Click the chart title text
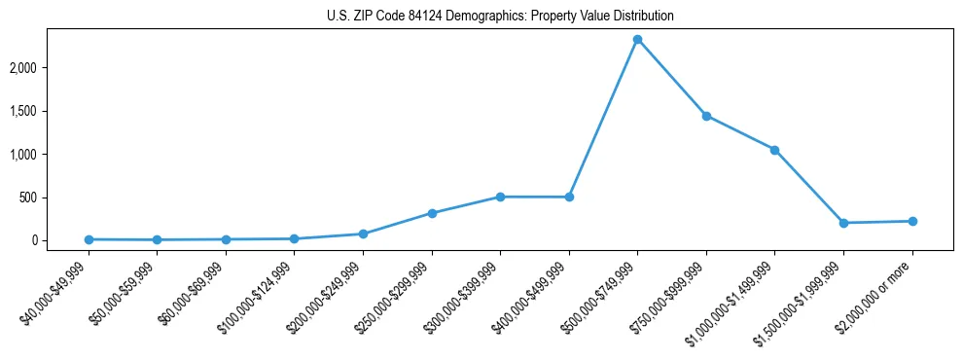pyautogui.click(x=499, y=17)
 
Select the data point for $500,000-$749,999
pyautogui.click(x=637, y=40)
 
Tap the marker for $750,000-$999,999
pyautogui.click(x=706, y=116)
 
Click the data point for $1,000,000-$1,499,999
pyautogui.click(x=774, y=150)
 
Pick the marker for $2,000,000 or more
pyautogui.click(x=911, y=221)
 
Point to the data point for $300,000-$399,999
pyautogui.click(x=500, y=197)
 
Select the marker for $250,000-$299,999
pyautogui.click(x=432, y=213)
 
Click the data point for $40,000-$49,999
pyautogui.click(x=89, y=239)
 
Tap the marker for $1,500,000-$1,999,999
pyautogui.click(x=843, y=223)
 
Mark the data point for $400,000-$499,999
pyautogui.click(x=569, y=197)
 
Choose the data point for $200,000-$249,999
pyautogui.click(x=363, y=234)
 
